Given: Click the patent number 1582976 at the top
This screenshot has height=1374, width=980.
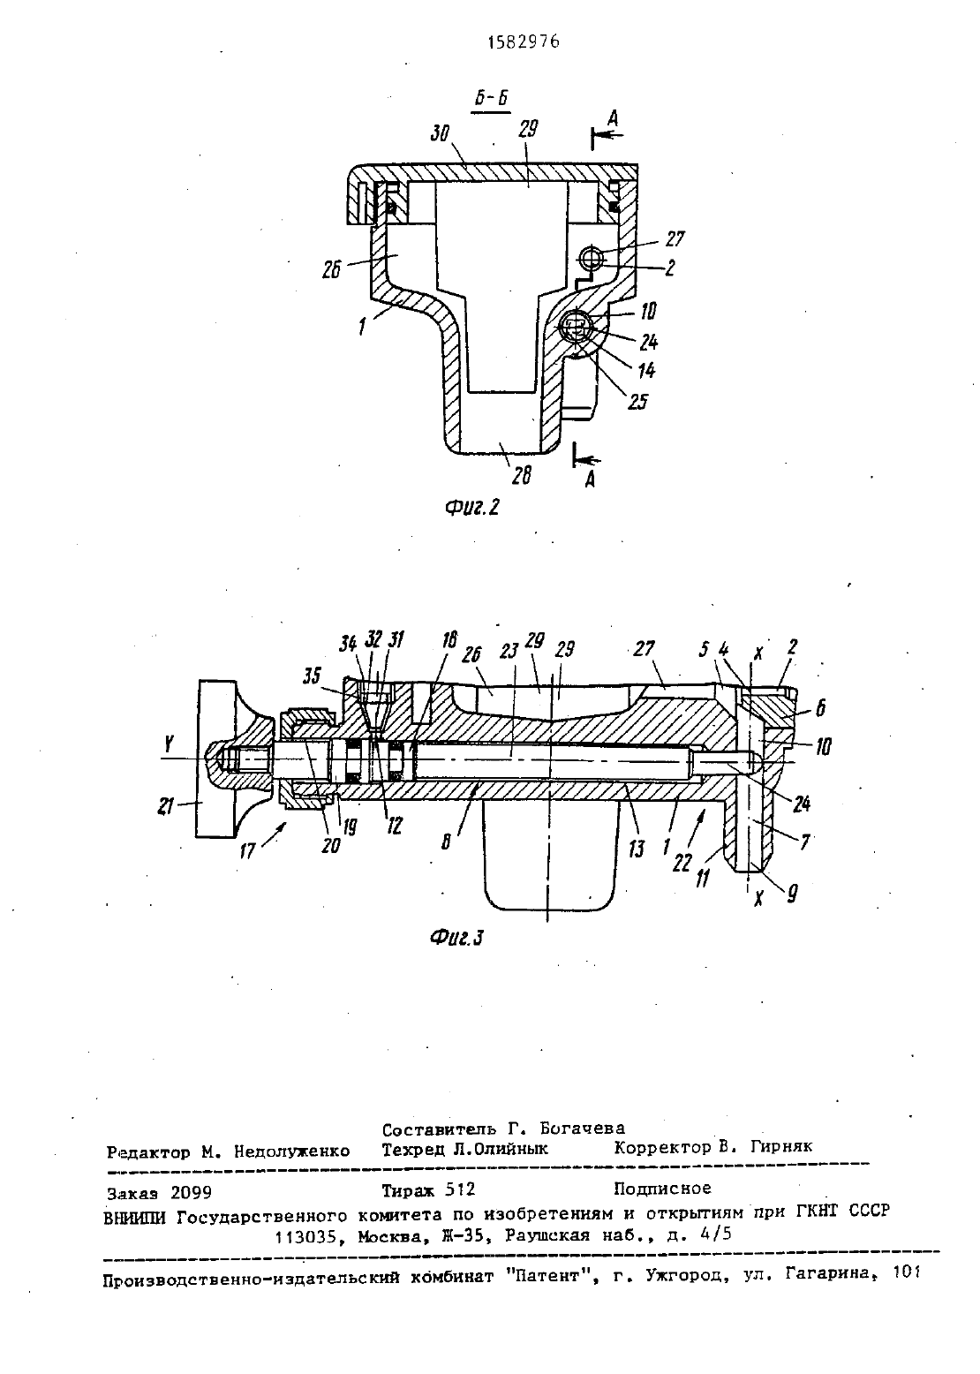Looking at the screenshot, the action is pyautogui.click(x=524, y=42).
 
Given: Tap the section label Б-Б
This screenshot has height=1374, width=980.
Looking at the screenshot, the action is pyautogui.click(x=492, y=99).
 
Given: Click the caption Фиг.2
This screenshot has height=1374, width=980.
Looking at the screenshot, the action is pyautogui.click(x=471, y=507).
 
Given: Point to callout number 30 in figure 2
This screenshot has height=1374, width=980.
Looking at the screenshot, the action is pyautogui.click(x=440, y=133).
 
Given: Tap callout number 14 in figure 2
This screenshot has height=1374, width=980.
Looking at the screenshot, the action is pyautogui.click(x=646, y=370).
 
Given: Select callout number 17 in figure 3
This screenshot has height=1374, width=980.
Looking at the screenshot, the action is pyautogui.click(x=248, y=851).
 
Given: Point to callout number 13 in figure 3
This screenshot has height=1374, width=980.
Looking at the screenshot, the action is pyautogui.click(x=637, y=849).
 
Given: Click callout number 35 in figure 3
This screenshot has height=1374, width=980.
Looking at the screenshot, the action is pyautogui.click(x=313, y=676).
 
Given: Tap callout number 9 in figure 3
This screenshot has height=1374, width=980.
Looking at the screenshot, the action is pyautogui.click(x=792, y=895).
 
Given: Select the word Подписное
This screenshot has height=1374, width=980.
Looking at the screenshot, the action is pyautogui.click(x=662, y=1189).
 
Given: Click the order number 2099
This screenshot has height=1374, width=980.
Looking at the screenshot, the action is pyautogui.click(x=191, y=1192).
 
